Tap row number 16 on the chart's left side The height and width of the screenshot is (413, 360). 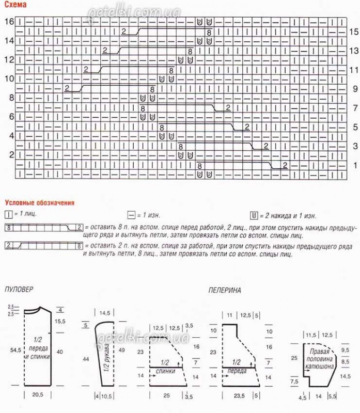click(9, 22)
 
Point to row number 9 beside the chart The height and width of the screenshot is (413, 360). click(354, 89)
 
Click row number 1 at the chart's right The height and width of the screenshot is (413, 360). click(354, 165)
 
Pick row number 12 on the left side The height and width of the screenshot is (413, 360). click(9, 60)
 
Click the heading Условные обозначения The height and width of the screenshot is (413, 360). click(39, 203)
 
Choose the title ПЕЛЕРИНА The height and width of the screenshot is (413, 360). click(225, 291)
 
